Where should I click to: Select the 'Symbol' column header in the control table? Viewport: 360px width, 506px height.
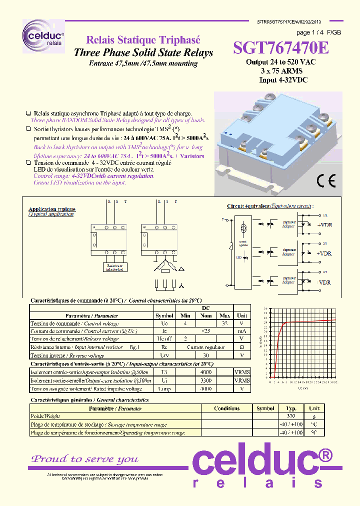[x=164, y=315]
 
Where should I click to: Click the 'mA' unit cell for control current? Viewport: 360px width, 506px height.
[x=242, y=331]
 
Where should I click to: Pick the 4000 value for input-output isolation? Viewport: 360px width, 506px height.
[x=205, y=372]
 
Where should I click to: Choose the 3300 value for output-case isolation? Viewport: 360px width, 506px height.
[x=205, y=380]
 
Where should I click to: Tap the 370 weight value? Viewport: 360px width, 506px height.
[x=290, y=416]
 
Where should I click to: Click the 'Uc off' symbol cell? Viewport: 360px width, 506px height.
[x=164, y=338]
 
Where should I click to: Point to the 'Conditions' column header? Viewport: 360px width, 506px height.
[x=226, y=408]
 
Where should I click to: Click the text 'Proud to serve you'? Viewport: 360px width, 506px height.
[x=85, y=459]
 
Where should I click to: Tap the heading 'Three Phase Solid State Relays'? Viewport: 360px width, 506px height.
[x=143, y=52]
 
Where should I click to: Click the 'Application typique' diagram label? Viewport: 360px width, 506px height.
[x=52, y=209]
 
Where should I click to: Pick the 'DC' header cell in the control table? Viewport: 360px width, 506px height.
[x=205, y=308]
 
